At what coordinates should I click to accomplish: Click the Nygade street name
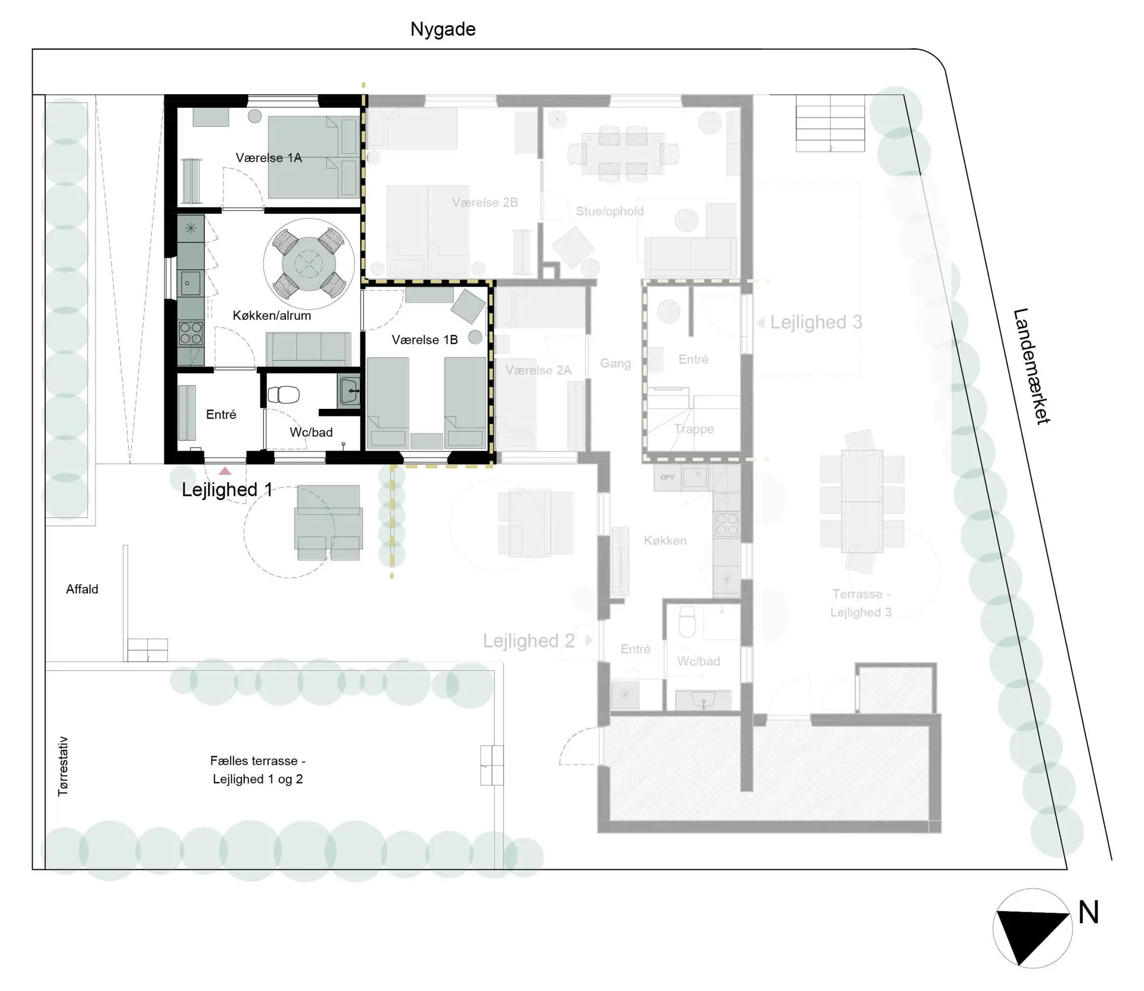point(443,30)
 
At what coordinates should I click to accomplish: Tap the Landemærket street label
point(1031,366)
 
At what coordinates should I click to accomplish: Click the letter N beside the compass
point(1088,912)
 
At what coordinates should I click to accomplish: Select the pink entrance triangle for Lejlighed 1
point(225,471)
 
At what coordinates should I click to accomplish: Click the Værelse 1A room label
point(269,158)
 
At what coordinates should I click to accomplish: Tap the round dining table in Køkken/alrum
point(309,263)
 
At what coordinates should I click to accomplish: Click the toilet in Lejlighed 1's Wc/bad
point(284,394)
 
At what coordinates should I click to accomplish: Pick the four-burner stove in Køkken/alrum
point(191,333)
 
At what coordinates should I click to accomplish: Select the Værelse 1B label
point(425,340)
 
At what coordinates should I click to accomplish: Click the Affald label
point(82,589)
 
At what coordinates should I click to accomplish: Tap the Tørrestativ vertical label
point(63,766)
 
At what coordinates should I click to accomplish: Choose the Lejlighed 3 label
point(816,322)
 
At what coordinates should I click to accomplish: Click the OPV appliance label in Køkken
point(667,477)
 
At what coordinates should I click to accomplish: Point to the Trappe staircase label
point(694,429)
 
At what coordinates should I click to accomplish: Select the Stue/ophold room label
point(610,211)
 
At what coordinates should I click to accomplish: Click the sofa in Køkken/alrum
point(308,348)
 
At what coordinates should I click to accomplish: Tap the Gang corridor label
point(615,364)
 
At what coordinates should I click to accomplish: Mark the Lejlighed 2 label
point(529,641)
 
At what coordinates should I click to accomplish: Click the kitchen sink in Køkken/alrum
point(191,284)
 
